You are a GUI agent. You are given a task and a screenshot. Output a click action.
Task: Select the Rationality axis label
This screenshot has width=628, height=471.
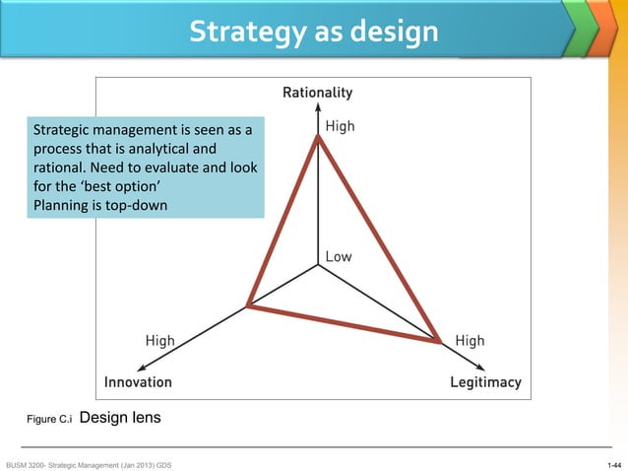tap(317, 93)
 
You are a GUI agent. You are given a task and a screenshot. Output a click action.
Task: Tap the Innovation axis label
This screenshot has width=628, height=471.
tap(139, 381)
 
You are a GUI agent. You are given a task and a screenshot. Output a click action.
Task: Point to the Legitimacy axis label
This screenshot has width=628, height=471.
tap(484, 381)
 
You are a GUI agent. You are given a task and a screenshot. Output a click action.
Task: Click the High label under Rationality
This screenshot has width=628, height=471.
tap(340, 126)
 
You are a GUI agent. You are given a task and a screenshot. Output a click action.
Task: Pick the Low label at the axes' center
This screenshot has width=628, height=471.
tap(338, 256)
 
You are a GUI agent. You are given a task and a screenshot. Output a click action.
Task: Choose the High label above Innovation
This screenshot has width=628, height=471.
tap(159, 341)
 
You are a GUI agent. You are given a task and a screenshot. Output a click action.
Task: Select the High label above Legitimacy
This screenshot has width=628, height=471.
tap(470, 341)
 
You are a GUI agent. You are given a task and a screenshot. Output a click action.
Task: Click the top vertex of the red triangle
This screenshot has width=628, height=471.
tap(317, 137)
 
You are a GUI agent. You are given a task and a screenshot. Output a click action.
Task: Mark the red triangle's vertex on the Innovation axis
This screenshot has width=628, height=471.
tap(247, 306)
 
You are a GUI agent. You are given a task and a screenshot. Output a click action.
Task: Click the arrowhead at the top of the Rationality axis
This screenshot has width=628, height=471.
tap(317, 109)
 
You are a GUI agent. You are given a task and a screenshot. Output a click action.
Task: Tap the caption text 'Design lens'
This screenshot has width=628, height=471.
tap(119, 418)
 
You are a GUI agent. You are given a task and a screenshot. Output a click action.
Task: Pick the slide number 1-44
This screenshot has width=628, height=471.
tap(614, 463)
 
